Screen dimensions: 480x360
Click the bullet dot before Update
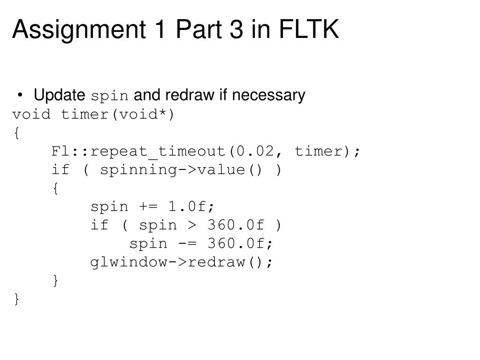pos(21,96)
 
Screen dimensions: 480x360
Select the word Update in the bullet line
pos(59,96)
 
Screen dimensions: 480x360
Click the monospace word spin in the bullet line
pos(109,97)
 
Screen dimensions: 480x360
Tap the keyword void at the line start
pos(31,115)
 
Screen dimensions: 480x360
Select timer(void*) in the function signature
pos(118,115)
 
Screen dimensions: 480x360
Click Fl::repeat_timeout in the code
pos(139,152)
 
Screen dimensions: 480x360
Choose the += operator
pos(149,207)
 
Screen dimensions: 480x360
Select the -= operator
pos(188,244)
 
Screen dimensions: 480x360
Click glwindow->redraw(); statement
pos(181,262)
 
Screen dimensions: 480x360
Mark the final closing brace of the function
pos(17,299)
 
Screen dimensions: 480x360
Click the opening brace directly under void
pos(17,133)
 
